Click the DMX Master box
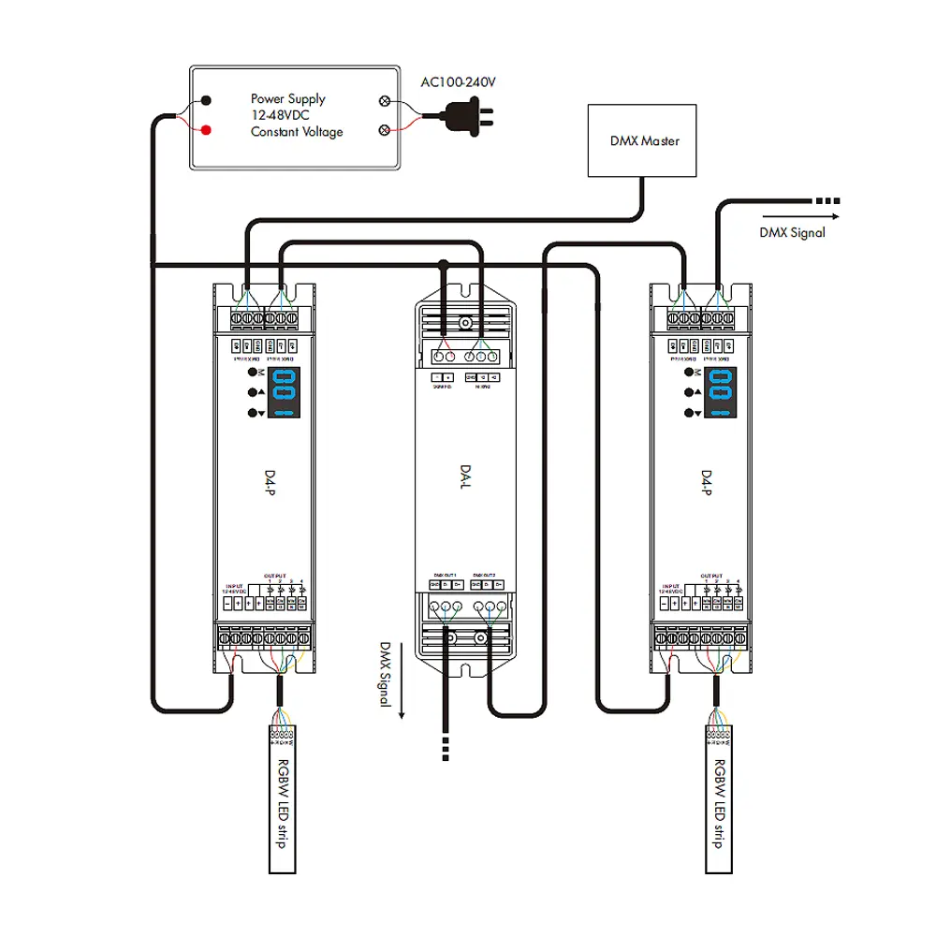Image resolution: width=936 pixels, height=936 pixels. tap(641, 141)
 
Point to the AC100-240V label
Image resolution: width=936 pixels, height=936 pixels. tap(458, 82)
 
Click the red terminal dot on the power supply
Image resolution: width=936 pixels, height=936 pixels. tap(205, 130)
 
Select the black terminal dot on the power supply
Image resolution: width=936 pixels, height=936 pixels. tap(205, 99)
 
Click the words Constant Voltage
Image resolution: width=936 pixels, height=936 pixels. tap(297, 132)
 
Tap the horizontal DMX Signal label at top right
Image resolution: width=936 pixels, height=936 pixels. tap(792, 232)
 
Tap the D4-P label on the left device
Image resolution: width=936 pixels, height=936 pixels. tap(260, 489)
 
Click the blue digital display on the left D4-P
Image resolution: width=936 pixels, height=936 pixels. tap(285, 391)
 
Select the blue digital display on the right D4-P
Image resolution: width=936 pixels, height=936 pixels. tap(721, 391)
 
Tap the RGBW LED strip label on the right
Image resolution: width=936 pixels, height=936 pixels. tap(718, 803)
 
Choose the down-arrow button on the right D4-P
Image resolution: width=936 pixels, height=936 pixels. tap(691, 413)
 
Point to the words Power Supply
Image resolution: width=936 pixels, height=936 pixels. tap(287, 98)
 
